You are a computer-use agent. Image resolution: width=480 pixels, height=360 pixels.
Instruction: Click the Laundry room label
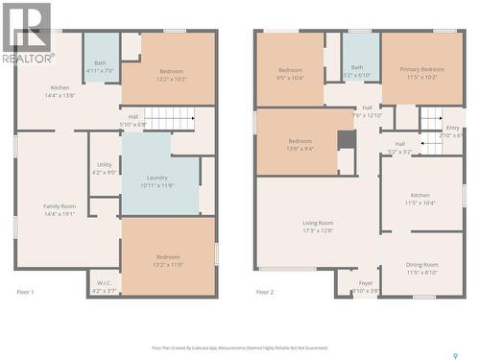pos(157,178)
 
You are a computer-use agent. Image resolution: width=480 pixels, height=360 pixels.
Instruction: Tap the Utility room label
pos(104,164)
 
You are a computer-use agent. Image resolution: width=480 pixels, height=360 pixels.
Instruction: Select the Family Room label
pos(60,206)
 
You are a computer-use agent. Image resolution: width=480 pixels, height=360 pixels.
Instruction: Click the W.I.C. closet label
pos(104,283)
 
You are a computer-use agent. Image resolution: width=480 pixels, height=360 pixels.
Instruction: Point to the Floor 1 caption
pos(25,292)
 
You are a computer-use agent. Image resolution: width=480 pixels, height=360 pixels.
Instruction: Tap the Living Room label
pos(317,223)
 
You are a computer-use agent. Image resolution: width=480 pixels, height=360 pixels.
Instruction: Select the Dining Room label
pos(421,264)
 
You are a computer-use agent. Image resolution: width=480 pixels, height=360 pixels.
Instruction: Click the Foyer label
pos(366,283)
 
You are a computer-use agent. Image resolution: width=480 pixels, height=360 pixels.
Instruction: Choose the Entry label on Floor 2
pos(452,128)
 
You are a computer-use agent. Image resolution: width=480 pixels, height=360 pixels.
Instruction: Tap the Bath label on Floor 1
pos(100,62)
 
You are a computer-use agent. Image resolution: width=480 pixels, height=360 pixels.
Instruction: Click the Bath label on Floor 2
pos(357,67)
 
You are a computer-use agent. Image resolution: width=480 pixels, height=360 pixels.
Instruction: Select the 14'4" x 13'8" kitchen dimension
pos(60,96)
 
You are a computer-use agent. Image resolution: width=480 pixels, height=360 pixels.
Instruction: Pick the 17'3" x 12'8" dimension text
pos(317,230)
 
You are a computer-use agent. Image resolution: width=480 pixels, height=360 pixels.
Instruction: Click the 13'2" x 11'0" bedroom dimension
pos(168,264)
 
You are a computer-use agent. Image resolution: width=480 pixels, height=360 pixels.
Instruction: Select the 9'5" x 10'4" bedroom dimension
pos(290,77)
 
